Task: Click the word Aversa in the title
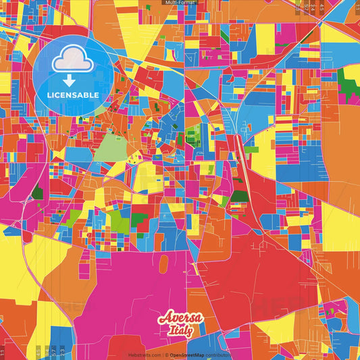click(x=180, y=318)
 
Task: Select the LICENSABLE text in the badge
click(x=73, y=95)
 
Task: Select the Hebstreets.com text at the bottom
click(x=145, y=355)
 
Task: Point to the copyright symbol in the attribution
click(x=165, y=355)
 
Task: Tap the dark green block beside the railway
click(x=238, y=197)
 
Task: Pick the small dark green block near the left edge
click(x=37, y=194)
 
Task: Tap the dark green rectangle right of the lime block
click(x=140, y=218)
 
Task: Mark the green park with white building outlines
click(x=194, y=136)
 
